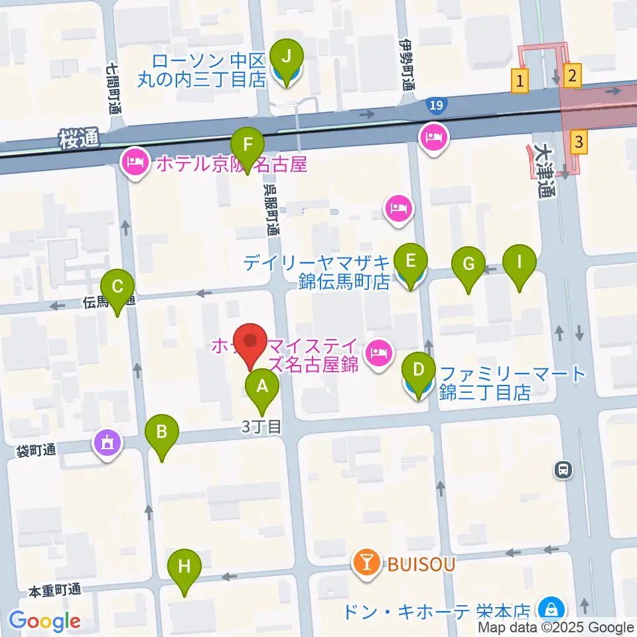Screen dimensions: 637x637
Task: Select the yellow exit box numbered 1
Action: point(520,82)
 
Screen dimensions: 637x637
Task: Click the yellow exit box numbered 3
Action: point(579,141)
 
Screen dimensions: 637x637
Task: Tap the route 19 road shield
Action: point(434,104)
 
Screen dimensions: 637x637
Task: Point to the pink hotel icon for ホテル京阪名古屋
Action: point(135,163)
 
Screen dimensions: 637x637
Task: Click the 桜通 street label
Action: point(78,138)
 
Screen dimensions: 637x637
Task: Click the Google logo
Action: point(44,621)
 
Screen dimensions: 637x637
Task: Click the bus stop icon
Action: point(563,470)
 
